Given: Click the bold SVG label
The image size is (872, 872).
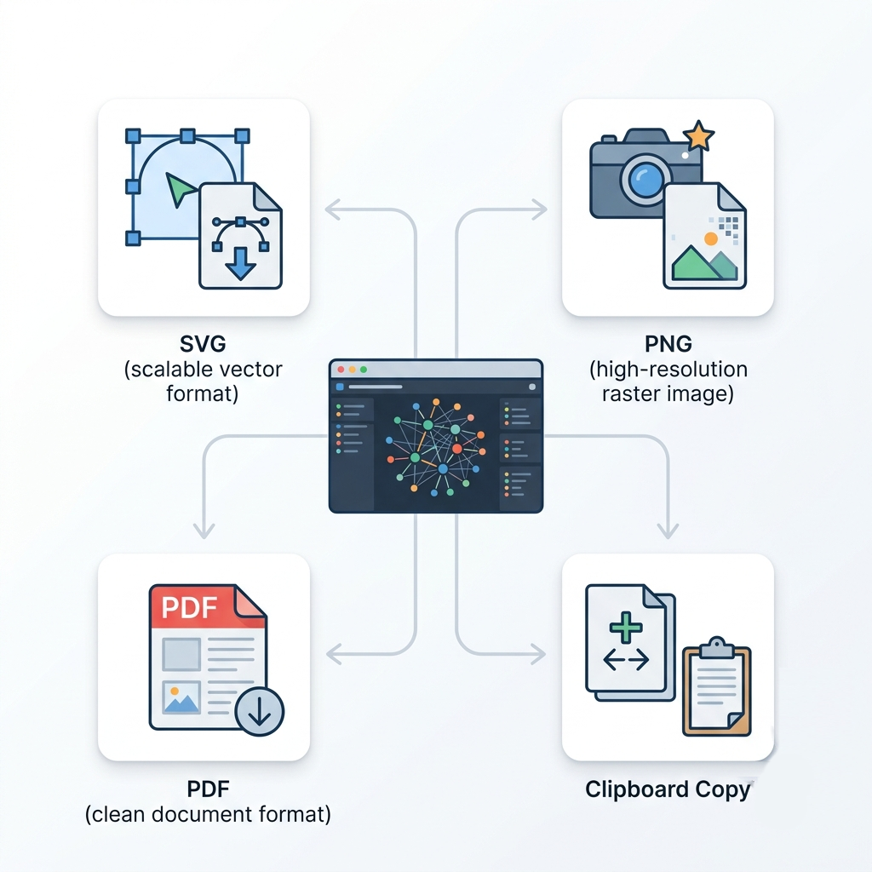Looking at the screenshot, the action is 203,344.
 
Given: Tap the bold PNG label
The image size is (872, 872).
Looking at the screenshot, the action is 668,344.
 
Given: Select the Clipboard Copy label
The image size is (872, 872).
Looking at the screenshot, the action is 668,789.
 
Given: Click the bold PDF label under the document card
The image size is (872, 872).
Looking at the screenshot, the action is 208,789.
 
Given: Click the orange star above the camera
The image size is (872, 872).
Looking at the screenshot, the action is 698,135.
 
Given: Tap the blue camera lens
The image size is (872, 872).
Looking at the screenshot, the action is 645,179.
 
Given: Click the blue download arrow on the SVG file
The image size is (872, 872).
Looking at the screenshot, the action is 240,264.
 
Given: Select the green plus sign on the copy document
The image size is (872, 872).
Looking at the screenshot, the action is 626,628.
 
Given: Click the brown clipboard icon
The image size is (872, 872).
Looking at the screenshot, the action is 717,686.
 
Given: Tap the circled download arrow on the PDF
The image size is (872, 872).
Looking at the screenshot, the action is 259,711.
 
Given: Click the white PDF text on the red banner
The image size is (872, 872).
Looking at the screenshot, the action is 189,607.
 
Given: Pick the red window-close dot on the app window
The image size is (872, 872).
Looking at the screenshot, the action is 341,370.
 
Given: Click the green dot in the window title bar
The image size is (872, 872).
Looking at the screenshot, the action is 364,370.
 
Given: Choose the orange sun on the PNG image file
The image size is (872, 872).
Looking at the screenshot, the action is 711,238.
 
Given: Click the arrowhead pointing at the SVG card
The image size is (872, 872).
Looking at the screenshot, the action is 333,209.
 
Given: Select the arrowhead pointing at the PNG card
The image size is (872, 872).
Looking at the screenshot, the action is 539,209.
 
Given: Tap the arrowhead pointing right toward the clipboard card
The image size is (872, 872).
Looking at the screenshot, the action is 538,654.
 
